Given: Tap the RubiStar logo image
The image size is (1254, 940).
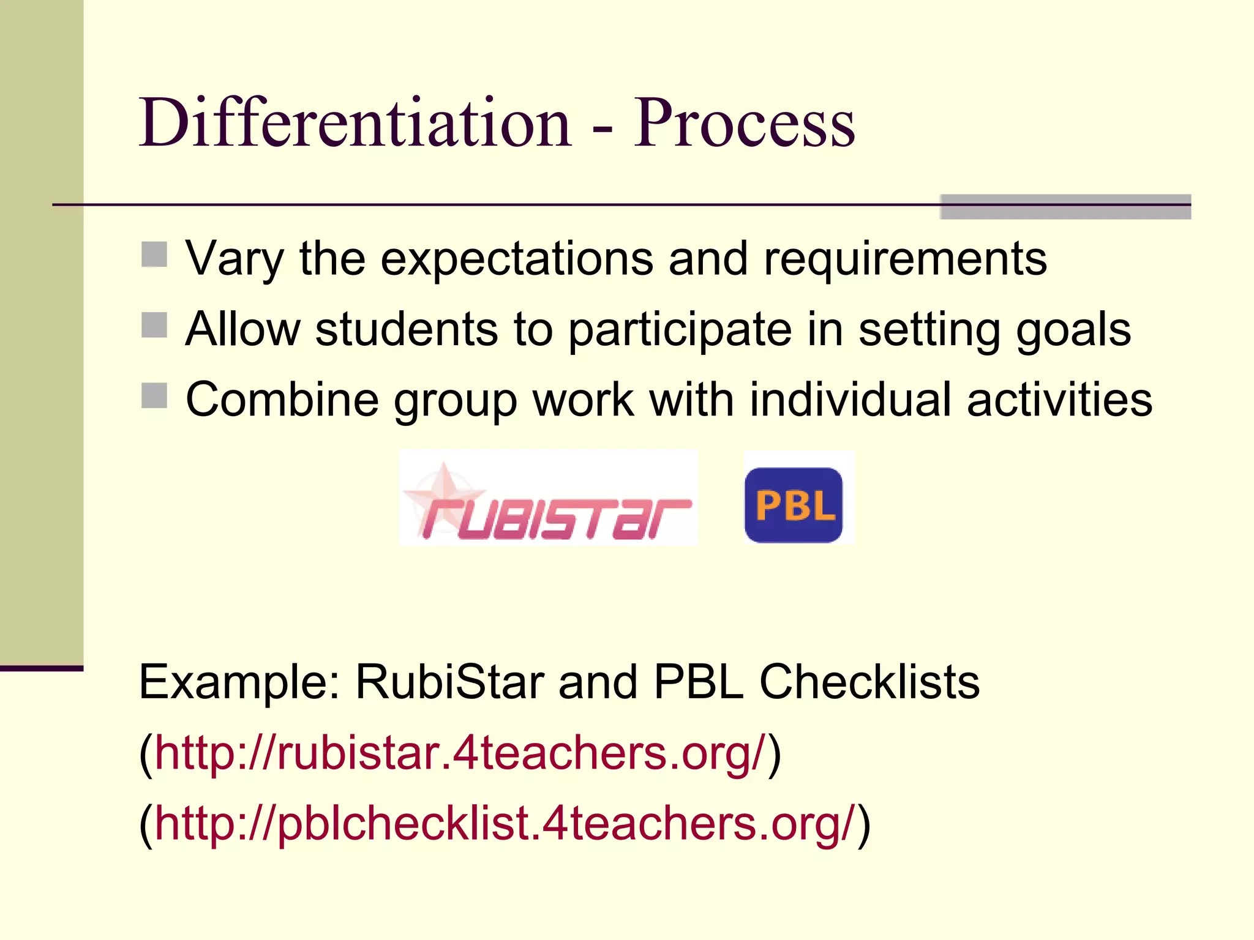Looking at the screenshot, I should point(548,498).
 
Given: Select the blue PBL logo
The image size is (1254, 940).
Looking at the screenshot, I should point(794,505).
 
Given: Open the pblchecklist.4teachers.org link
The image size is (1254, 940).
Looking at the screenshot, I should point(505,823).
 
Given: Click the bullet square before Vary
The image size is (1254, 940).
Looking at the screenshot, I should point(154,255).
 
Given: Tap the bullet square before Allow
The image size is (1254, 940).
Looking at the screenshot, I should point(154,325).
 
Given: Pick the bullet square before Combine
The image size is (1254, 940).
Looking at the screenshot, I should point(154,395).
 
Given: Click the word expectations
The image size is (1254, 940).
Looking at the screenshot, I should point(517,259).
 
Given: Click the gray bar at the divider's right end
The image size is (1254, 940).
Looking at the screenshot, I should point(1065,207).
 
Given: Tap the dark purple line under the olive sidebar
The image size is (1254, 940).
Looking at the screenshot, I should point(42,668).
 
